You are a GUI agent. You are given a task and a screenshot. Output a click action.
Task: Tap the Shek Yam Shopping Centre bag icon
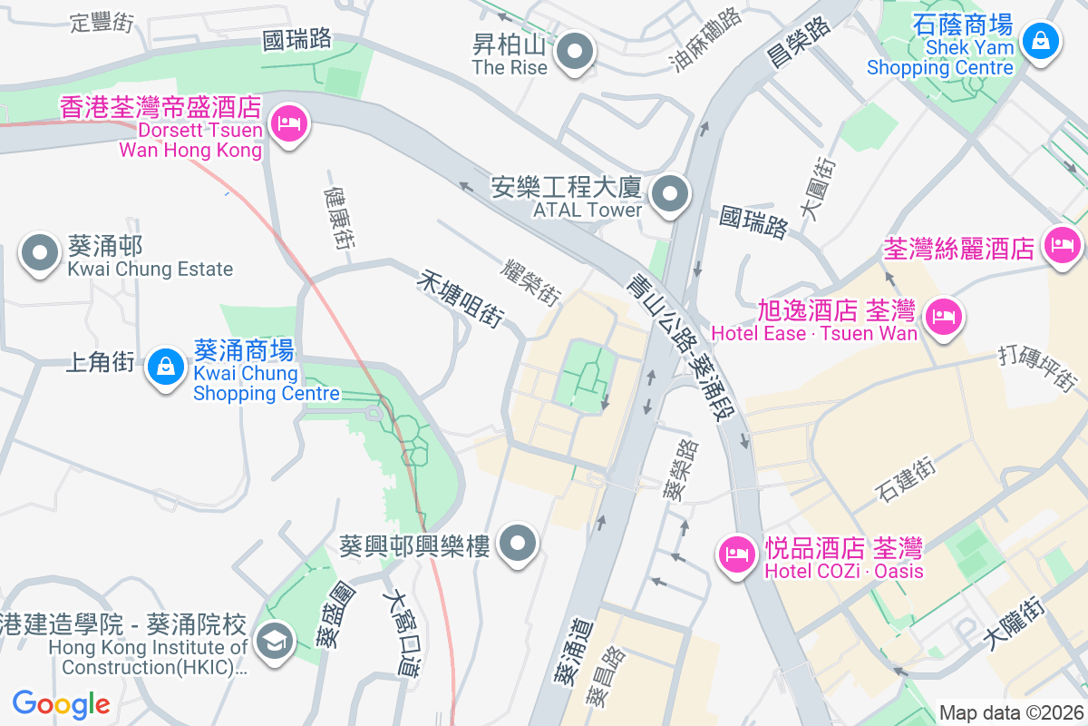click(x=1041, y=41)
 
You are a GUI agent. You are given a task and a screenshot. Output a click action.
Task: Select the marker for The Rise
click(x=573, y=51)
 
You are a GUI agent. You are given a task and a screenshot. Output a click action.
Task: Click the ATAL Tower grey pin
click(x=670, y=193)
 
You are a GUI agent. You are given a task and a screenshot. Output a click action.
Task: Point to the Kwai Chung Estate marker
click(x=40, y=254)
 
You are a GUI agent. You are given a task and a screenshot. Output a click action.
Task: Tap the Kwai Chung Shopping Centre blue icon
click(x=165, y=368)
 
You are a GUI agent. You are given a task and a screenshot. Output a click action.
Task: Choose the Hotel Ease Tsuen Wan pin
click(x=944, y=317)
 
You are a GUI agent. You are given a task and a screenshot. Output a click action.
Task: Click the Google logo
click(x=61, y=704)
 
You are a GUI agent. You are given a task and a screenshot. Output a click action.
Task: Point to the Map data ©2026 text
click(x=1010, y=712)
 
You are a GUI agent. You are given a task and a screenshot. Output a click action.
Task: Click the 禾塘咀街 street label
click(x=460, y=298)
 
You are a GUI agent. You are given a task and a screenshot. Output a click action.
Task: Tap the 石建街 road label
click(x=905, y=480)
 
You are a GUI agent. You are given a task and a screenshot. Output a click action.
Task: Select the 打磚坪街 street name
click(x=1038, y=367)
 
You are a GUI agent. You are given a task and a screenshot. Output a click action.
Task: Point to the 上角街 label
click(x=100, y=363)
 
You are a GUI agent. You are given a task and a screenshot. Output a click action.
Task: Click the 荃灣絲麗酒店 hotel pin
click(x=1062, y=245)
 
